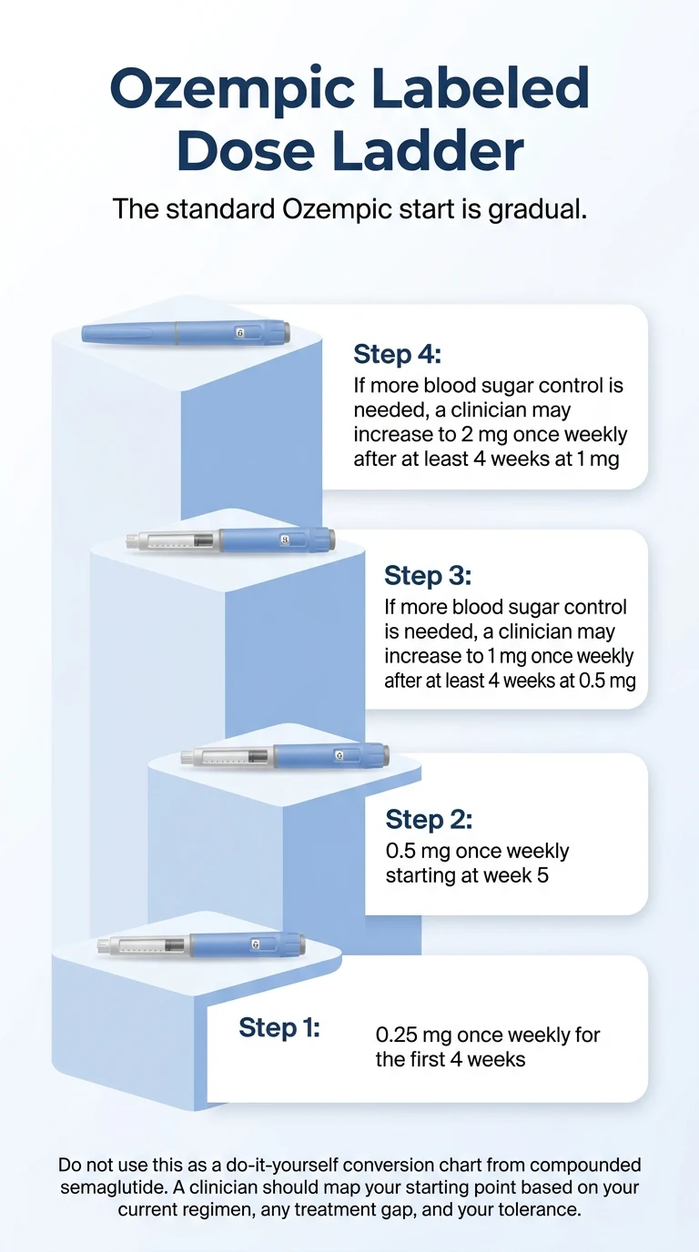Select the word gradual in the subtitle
click(537, 208)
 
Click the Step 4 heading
click(397, 354)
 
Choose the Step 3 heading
click(428, 575)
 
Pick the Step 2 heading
click(429, 819)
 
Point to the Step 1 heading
click(279, 1027)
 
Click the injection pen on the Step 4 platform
click(186, 333)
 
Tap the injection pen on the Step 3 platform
click(229, 540)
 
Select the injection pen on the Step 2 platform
click(285, 756)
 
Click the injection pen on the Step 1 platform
click(200, 945)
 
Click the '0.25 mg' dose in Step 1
click(413, 1035)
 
